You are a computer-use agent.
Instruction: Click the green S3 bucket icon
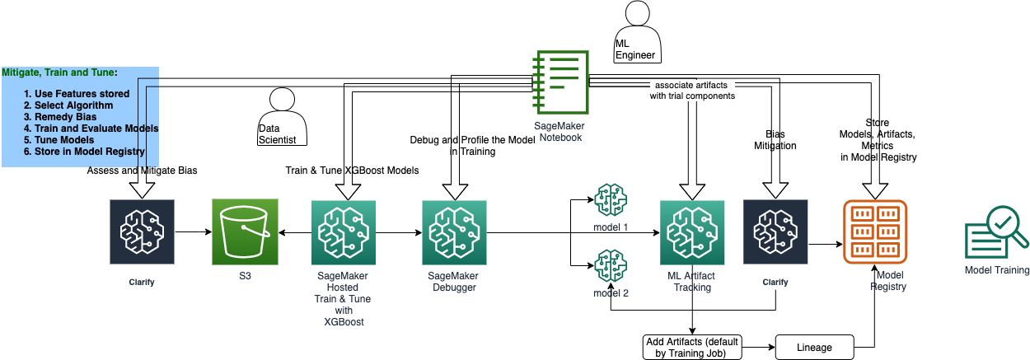tap(244, 232)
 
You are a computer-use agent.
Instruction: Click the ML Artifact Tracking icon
tap(691, 232)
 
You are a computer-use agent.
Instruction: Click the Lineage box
tap(813, 347)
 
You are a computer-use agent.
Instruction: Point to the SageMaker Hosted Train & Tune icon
tap(344, 232)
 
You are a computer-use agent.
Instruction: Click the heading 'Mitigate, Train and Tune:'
tap(59, 72)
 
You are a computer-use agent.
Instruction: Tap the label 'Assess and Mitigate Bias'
tap(141, 171)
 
